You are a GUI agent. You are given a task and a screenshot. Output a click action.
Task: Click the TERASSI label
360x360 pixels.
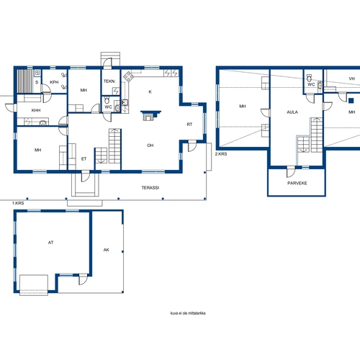click(150, 188)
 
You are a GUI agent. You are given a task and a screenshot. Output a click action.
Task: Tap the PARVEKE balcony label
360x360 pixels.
click(297, 183)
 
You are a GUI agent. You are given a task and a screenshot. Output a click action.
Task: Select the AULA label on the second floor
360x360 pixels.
click(292, 112)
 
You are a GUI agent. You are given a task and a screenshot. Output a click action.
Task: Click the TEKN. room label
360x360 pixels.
click(109, 81)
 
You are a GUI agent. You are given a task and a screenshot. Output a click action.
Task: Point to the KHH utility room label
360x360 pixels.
click(36, 110)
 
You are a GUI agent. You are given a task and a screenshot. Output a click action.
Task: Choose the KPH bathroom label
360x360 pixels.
click(54, 82)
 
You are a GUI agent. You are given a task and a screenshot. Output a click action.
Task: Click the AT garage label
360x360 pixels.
click(50, 243)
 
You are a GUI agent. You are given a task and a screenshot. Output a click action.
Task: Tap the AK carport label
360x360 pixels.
click(107, 250)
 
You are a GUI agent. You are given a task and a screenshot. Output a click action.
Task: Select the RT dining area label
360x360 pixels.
click(189, 125)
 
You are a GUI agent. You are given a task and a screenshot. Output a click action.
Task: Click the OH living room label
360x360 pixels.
click(150, 145)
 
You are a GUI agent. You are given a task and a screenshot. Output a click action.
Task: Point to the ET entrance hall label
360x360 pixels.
click(84, 159)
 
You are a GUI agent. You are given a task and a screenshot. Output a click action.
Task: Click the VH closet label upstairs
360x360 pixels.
click(352, 78)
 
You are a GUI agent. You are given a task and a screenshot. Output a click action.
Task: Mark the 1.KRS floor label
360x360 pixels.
click(18, 203)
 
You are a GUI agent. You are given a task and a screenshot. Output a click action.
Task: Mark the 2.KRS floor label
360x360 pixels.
click(221, 154)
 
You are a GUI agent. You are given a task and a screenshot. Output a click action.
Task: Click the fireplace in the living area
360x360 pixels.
click(150, 115)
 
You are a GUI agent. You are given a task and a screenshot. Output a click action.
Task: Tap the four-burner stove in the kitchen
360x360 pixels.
click(129, 76)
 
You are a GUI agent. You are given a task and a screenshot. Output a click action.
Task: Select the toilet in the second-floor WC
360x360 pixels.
click(309, 78)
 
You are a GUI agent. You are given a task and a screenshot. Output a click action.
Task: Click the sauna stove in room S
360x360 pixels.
click(37, 73)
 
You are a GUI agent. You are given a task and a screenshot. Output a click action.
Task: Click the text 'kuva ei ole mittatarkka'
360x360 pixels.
click(188, 313)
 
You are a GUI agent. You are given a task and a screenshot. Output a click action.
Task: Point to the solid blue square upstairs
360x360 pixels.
click(351, 101)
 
